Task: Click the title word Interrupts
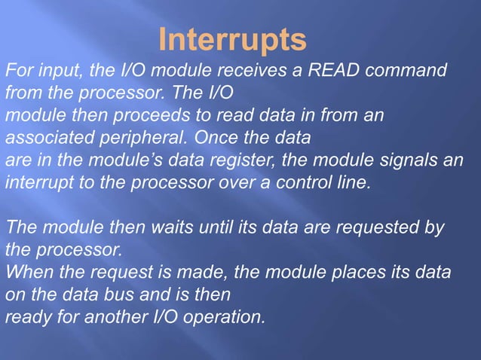click(x=233, y=39)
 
